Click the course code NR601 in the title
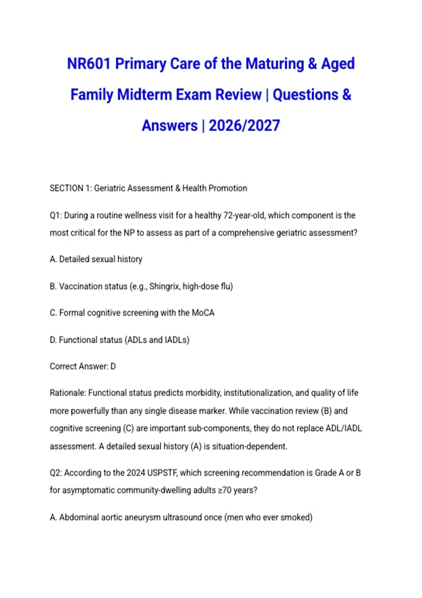89,64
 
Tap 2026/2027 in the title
244,126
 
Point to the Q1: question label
55,215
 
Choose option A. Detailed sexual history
96,259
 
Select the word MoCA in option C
203,313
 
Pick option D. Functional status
120,340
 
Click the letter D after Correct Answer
113,367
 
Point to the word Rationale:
68,393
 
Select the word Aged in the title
338,64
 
